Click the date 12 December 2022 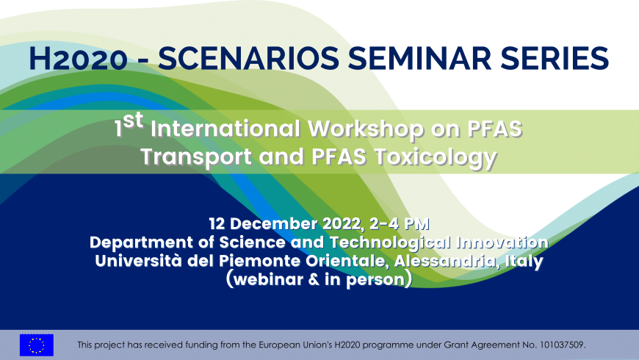pos(277,224)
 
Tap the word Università pos(131,261)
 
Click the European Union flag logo pos(37,345)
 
